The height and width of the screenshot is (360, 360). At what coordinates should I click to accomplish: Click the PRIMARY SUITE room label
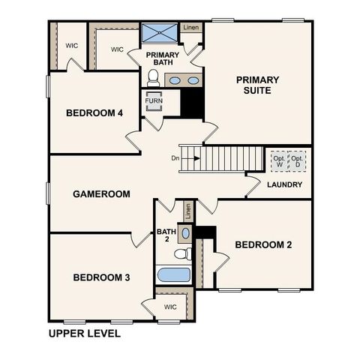tap(257, 85)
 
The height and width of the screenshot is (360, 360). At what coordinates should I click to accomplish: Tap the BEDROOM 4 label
tap(94, 113)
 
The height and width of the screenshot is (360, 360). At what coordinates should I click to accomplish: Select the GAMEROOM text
tap(101, 193)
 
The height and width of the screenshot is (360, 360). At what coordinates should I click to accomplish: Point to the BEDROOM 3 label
tap(101, 277)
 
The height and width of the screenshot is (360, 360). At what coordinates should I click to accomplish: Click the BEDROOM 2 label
tap(263, 244)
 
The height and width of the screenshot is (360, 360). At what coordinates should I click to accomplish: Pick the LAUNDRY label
tap(285, 184)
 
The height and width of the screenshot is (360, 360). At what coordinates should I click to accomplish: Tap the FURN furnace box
tap(154, 100)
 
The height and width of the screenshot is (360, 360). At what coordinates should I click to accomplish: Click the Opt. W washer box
tap(279, 161)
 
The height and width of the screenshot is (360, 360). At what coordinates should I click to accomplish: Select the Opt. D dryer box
tap(298, 161)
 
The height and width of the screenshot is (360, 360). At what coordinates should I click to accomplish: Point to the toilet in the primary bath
tap(154, 77)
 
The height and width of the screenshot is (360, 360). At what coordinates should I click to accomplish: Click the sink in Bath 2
tap(186, 233)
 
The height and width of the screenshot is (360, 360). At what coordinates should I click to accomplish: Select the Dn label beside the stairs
tap(175, 158)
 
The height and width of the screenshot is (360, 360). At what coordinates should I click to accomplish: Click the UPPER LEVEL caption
tap(84, 333)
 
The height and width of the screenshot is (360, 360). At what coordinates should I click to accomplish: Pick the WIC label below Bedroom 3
tap(170, 306)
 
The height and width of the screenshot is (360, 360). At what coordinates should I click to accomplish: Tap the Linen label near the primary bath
tap(191, 28)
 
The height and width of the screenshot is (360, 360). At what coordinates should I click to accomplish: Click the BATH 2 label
tap(165, 235)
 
